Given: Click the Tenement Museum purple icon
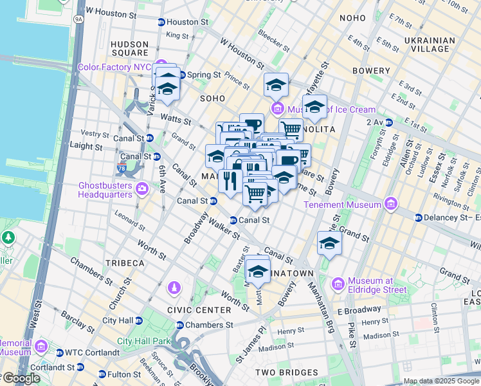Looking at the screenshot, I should [390, 205].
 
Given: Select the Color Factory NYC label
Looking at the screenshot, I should [114, 67].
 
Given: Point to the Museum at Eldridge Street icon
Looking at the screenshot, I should [338, 284].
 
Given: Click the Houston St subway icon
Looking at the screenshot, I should [160, 22].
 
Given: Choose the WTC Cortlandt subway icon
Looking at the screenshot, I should [60, 353].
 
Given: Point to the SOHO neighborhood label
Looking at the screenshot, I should [212, 98].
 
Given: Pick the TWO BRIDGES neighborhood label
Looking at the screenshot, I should [286, 372].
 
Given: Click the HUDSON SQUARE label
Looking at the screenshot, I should [130, 49].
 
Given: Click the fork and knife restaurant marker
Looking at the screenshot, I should [230, 179].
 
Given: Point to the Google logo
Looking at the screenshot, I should [21, 378].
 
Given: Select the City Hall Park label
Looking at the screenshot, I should [142, 342].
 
